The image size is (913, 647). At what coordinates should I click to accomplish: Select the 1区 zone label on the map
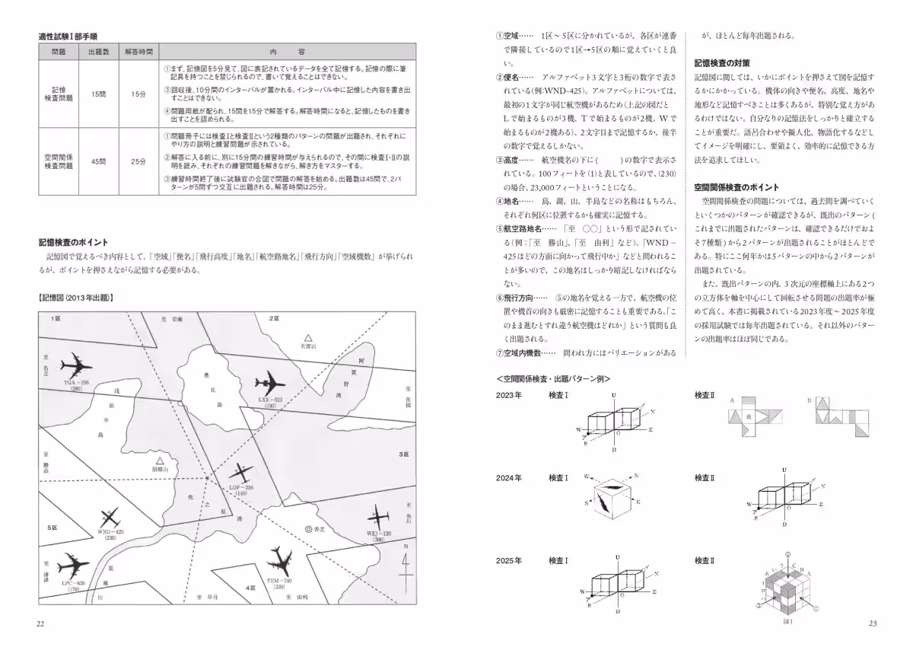tap(56, 317)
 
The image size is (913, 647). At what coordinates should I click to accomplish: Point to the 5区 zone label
tap(52, 527)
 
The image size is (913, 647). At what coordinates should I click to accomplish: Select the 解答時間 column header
tap(138, 52)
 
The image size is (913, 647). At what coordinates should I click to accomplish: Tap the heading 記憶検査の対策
tap(723, 62)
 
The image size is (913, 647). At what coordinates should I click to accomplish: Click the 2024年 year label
tap(508, 478)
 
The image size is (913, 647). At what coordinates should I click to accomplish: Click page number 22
tap(41, 624)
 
